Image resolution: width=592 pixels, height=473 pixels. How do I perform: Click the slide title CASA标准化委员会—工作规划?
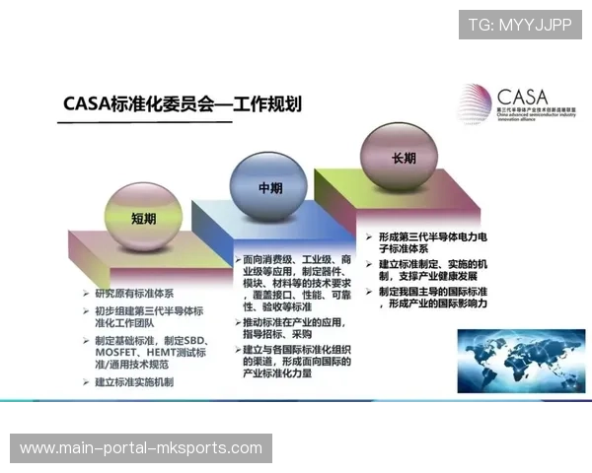click(x=182, y=103)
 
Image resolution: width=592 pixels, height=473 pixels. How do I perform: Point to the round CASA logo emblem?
click(x=475, y=103)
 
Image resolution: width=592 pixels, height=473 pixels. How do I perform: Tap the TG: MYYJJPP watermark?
click(x=520, y=25)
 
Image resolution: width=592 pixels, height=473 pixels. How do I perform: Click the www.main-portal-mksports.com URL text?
click(x=141, y=448)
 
